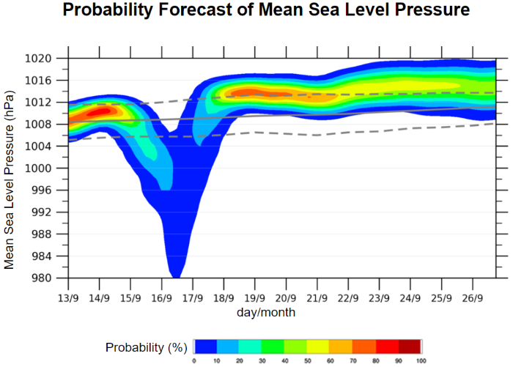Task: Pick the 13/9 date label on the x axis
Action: point(68,298)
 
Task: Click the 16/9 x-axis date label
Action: point(162,298)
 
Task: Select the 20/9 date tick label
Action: point(287,298)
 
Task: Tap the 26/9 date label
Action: point(473,298)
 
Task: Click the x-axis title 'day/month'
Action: point(266,313)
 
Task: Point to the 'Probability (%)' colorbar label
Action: point(147,346)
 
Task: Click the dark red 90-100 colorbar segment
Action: point(410,346)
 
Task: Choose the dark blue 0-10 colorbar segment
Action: point(205,346)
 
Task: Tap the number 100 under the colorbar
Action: point(421,360)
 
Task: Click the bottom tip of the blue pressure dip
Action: point(176,276)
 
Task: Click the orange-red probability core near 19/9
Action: point(251,92)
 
